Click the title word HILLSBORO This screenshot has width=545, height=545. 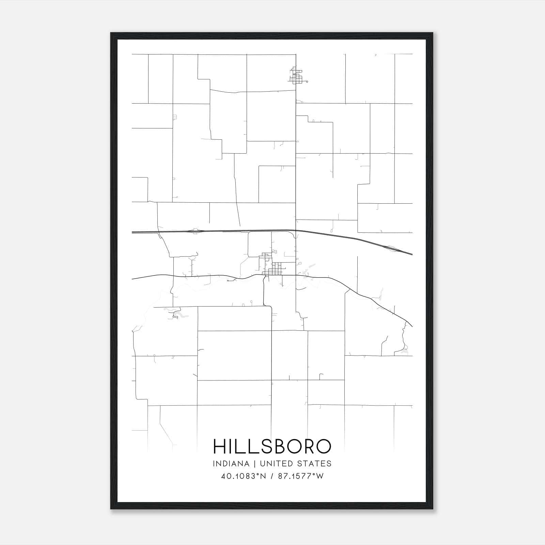[272, 446]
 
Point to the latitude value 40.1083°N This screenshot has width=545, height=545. [243, 476]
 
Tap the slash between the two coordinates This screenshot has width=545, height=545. [272, 476]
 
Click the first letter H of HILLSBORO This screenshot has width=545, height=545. [219, 446]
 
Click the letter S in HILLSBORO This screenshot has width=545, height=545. [264, 446]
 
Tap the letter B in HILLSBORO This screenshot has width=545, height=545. [279, 446]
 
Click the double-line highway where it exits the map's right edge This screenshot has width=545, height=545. [411, 254]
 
